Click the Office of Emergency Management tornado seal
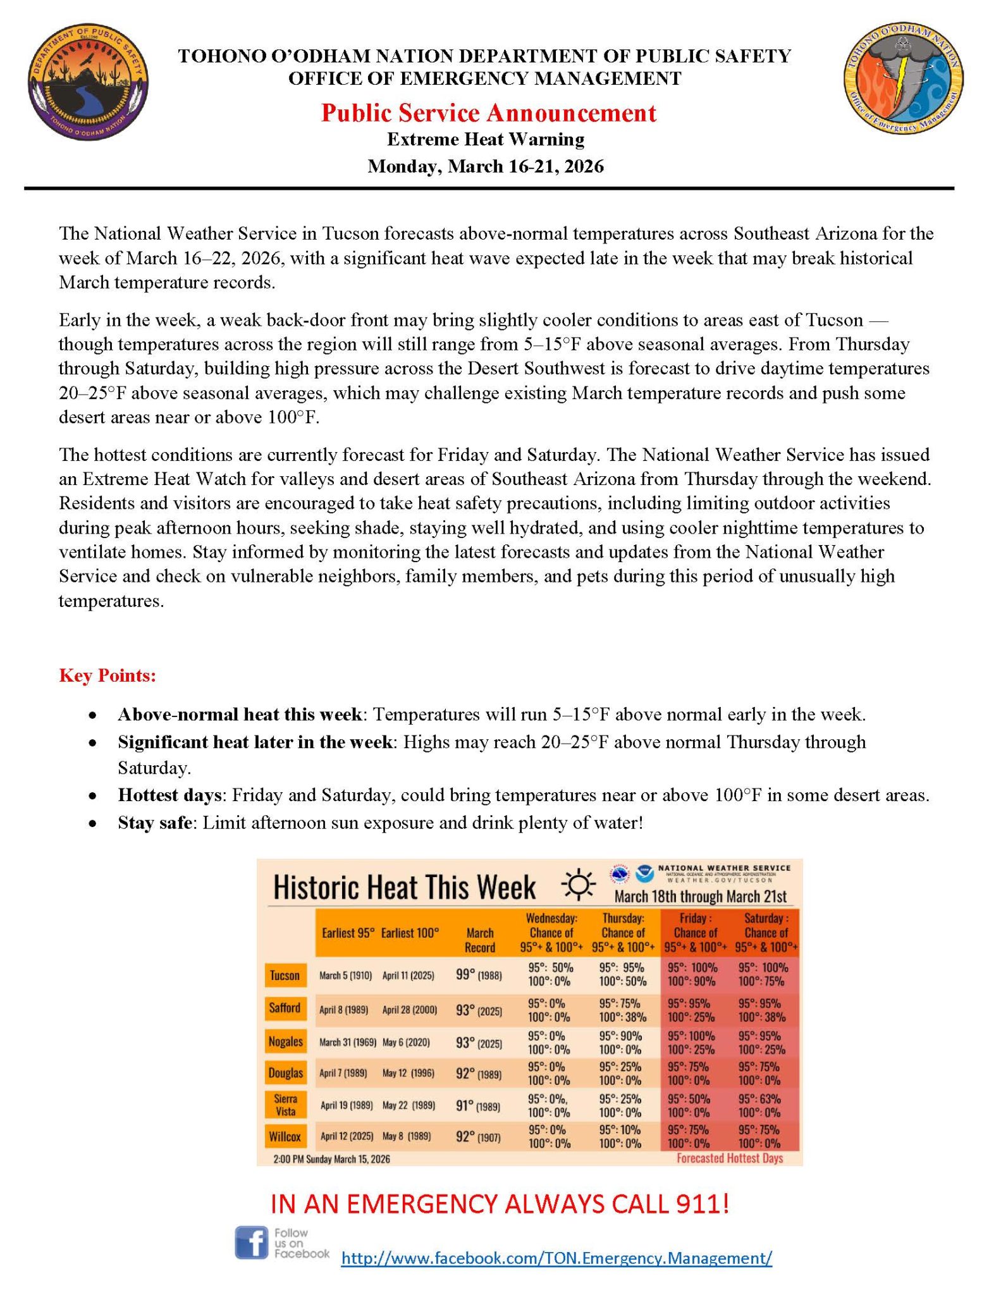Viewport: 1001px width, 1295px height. click(904, 78)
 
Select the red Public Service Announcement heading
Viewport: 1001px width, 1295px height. click(488, 113)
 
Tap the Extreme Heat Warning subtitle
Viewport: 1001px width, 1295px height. click(486, 139)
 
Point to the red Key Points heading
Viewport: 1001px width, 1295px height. click(107, 675)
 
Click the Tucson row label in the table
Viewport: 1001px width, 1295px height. click(285, 975)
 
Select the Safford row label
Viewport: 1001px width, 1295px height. click(285, 1008)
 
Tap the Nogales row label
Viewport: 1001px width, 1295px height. click(285, 1041)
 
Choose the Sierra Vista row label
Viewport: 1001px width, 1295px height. click(285, 1105)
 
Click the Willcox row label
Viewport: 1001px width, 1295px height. click(285, 1136)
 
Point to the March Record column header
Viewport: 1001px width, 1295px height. click(479, 940)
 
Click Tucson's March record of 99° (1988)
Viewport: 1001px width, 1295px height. click(479, 975)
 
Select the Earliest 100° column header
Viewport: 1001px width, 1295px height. click(410, 933)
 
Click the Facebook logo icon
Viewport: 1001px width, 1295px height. click(252, 1243)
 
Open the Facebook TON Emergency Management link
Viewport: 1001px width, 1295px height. click(556, 1258)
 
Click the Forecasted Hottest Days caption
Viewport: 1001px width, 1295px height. click(730, 1158)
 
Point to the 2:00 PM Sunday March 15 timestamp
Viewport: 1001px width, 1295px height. click(331, 1159)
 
